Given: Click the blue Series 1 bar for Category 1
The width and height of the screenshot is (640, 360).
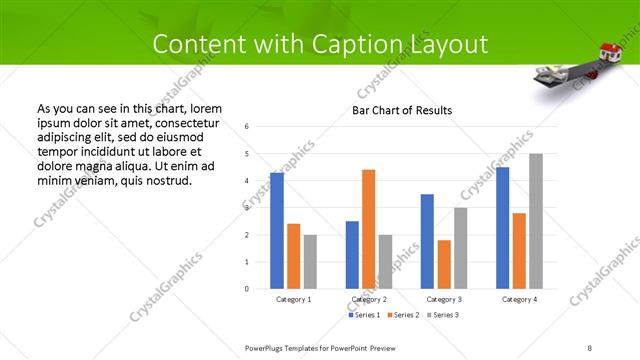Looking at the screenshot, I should click(277, 231).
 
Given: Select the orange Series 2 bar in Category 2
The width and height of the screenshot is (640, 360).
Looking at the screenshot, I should click(368, 229).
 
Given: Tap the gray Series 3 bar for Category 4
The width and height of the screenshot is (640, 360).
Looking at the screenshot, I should click(536, 221).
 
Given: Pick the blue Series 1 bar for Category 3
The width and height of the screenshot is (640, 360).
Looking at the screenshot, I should click(427, 241).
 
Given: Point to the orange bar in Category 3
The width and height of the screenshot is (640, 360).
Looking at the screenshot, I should click(444, 264).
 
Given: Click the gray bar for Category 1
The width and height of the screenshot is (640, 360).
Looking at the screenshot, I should click(310, 262).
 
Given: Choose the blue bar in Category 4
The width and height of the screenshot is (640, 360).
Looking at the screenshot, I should click(502, 228).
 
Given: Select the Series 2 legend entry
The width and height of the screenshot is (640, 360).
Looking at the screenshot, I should click(401, 315).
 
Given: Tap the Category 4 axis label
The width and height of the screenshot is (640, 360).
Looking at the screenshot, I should click(518, 299).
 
